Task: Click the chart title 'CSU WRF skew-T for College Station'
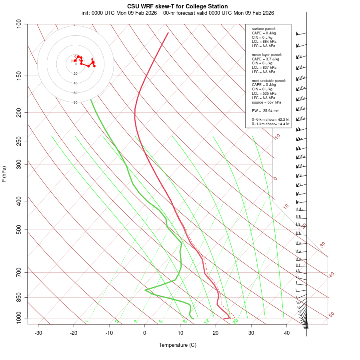(177, 6)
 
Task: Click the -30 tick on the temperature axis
(38, 333)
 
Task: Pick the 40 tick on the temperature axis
(287, 333)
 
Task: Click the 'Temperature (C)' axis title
(177, 345)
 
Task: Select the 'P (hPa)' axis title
(4, 174)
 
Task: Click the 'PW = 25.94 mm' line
(266, 110)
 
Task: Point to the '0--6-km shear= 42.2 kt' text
(270, 119)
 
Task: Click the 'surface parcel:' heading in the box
(264, 29)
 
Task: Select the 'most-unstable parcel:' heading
(269, 81)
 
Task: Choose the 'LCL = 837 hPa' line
(264, 68)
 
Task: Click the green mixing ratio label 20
(235, 321)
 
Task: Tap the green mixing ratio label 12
(207, 321)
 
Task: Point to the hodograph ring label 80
(75, 102)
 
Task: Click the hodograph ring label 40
(75, 83)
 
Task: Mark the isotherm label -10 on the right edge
(277, 137)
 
